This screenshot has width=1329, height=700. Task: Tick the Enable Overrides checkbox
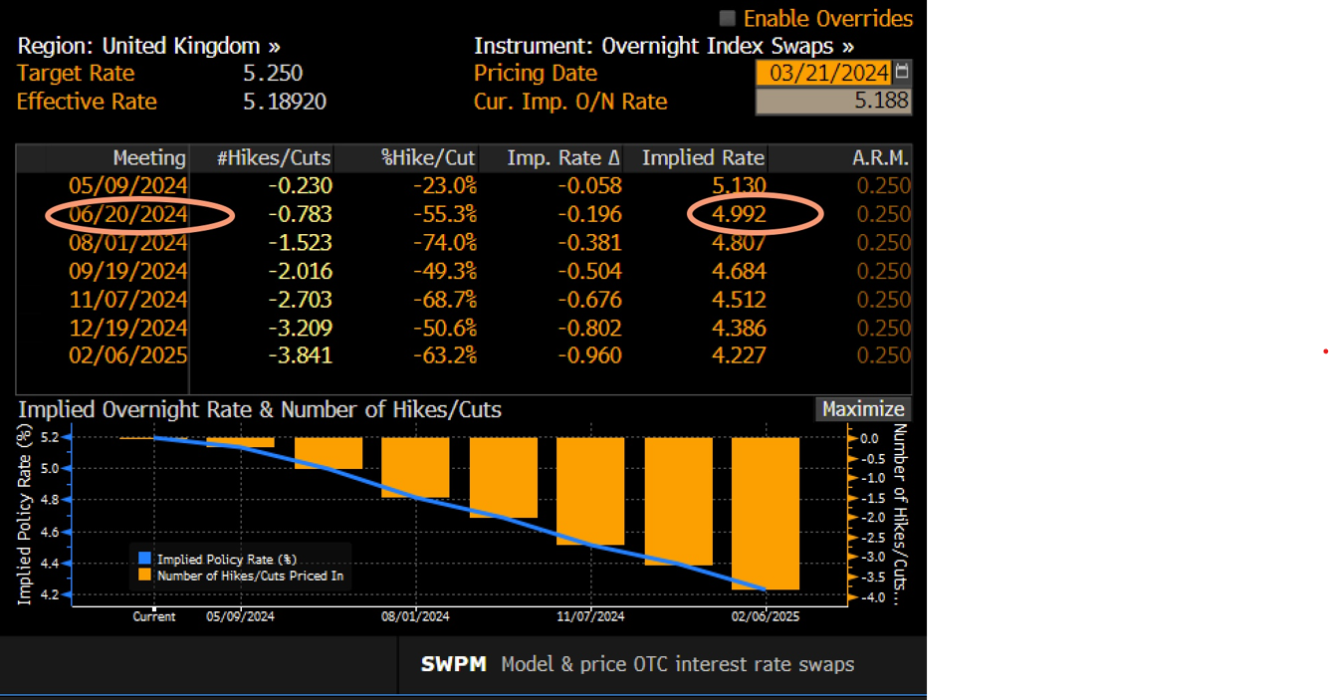click(728, 19)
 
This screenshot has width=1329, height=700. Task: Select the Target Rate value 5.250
click(273, 73)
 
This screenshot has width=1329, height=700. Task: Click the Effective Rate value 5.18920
click(285, 102)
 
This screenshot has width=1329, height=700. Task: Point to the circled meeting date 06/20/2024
click(128, 214)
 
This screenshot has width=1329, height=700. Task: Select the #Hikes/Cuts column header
click(275, 158)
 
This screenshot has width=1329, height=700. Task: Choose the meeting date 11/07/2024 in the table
click(128, 300)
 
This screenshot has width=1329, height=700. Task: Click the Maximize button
click(862, 409)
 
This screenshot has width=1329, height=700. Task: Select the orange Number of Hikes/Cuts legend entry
click(249, 575)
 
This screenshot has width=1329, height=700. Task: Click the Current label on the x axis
click(154, 616)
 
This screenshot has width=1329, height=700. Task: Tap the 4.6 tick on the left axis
click(49, 532)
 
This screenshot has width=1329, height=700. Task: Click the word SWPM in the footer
click(454, 664)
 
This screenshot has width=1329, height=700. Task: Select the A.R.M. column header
click(881, 158)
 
